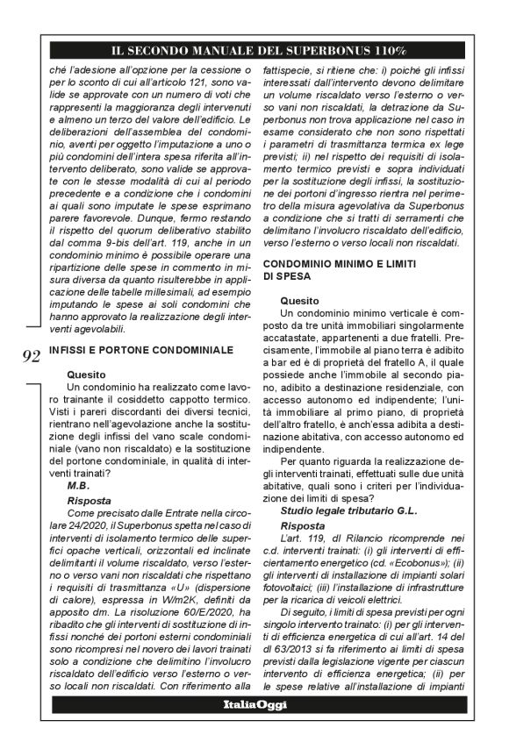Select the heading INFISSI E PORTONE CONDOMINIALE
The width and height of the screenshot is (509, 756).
point(140,350)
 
